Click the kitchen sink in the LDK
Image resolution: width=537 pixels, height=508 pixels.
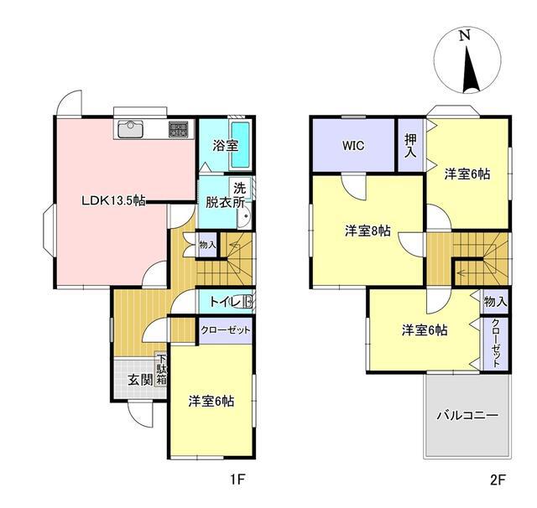point(130,129)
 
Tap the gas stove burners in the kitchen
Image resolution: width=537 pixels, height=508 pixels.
point(178,130)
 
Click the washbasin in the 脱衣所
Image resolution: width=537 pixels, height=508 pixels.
point(244,215)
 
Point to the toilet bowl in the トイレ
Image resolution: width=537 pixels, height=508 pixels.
point(248,302)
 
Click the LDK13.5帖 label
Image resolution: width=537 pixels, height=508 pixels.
point(113,200)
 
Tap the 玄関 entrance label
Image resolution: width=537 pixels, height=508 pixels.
point(140,380)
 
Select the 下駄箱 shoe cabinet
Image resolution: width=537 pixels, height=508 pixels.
point(161,370)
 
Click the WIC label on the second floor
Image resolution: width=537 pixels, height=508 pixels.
point(353,146)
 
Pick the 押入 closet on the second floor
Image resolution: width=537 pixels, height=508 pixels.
point(410,145)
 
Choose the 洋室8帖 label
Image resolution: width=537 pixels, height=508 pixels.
point(368,231)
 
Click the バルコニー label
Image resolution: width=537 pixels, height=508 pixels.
point(467,416)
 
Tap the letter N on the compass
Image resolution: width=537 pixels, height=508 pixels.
point(464,35)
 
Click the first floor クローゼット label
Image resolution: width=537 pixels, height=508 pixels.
point(226,330)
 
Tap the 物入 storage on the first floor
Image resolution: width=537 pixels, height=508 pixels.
point(207,245)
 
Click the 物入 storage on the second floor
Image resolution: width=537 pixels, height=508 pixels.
point(495,302)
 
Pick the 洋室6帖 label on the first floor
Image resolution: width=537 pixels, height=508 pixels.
point(211,401)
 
